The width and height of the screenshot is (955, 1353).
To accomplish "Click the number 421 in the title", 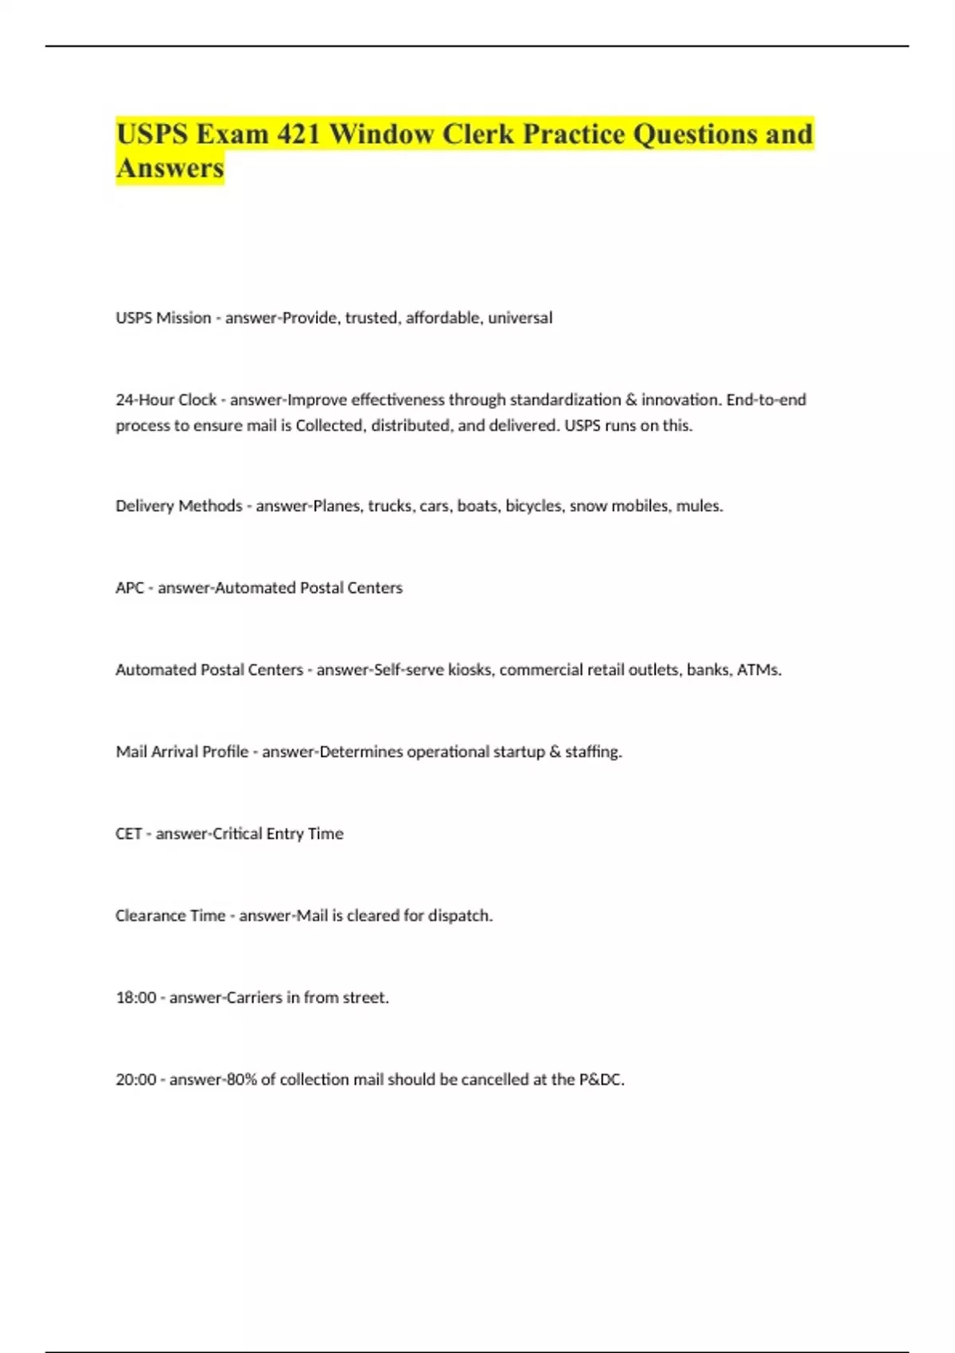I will click(x=298, y=135).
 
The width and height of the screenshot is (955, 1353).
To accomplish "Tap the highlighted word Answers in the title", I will click(x=170, y=169).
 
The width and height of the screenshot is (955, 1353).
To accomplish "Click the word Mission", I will click(x=184, y=318).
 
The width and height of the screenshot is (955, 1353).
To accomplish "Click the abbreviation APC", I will click(x=130, y=588).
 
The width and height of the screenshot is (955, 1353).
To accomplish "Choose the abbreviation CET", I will click(x=128, y=834).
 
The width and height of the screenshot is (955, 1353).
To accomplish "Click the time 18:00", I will click(x=135, y=998).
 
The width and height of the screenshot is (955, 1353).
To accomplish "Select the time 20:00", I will click(x=135, y=1080).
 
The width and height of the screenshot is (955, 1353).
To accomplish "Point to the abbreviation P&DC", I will click(x=601, y=1080).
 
